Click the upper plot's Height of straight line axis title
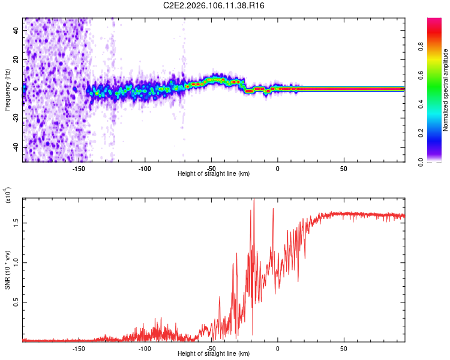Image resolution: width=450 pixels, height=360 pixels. [x=214, y=173]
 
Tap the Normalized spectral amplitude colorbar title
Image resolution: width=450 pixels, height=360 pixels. [x=446, y=90]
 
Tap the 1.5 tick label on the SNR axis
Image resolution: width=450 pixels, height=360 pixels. [x=16, y=222]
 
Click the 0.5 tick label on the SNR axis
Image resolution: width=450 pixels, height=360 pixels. [x=16, y=303]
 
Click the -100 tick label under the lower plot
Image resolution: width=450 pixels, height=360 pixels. [x=145, y=348]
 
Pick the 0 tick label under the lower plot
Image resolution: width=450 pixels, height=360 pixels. [x=278, y=348]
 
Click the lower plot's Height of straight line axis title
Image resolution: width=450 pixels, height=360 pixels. [x=214, y=354]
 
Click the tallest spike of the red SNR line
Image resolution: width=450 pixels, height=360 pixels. [x=254, y=200]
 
